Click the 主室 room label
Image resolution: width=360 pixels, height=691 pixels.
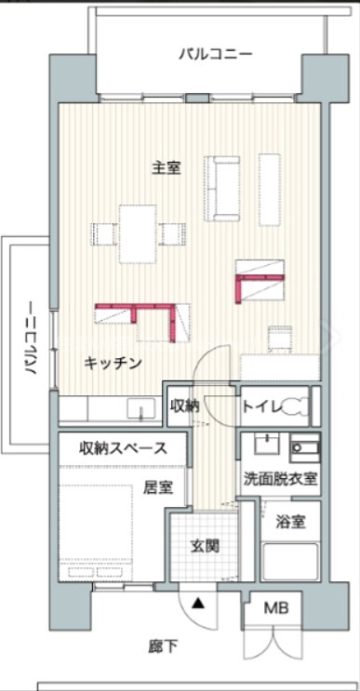click(167, 167)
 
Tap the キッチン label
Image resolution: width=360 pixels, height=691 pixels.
click(113, 363)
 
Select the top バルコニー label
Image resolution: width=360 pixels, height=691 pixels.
click(215, 55)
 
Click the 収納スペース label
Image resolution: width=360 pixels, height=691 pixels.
click(123, 448)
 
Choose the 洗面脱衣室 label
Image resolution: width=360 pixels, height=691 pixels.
click(280, 480)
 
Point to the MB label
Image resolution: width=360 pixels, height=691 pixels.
click(275, 609)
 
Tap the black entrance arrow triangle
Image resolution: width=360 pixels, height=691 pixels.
click(197, 603)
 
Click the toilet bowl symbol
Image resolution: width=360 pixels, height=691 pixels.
click(296, 405)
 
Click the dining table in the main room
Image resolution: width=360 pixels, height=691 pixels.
click(136, 233)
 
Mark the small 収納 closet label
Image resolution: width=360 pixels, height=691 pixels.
click(184, 405)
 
